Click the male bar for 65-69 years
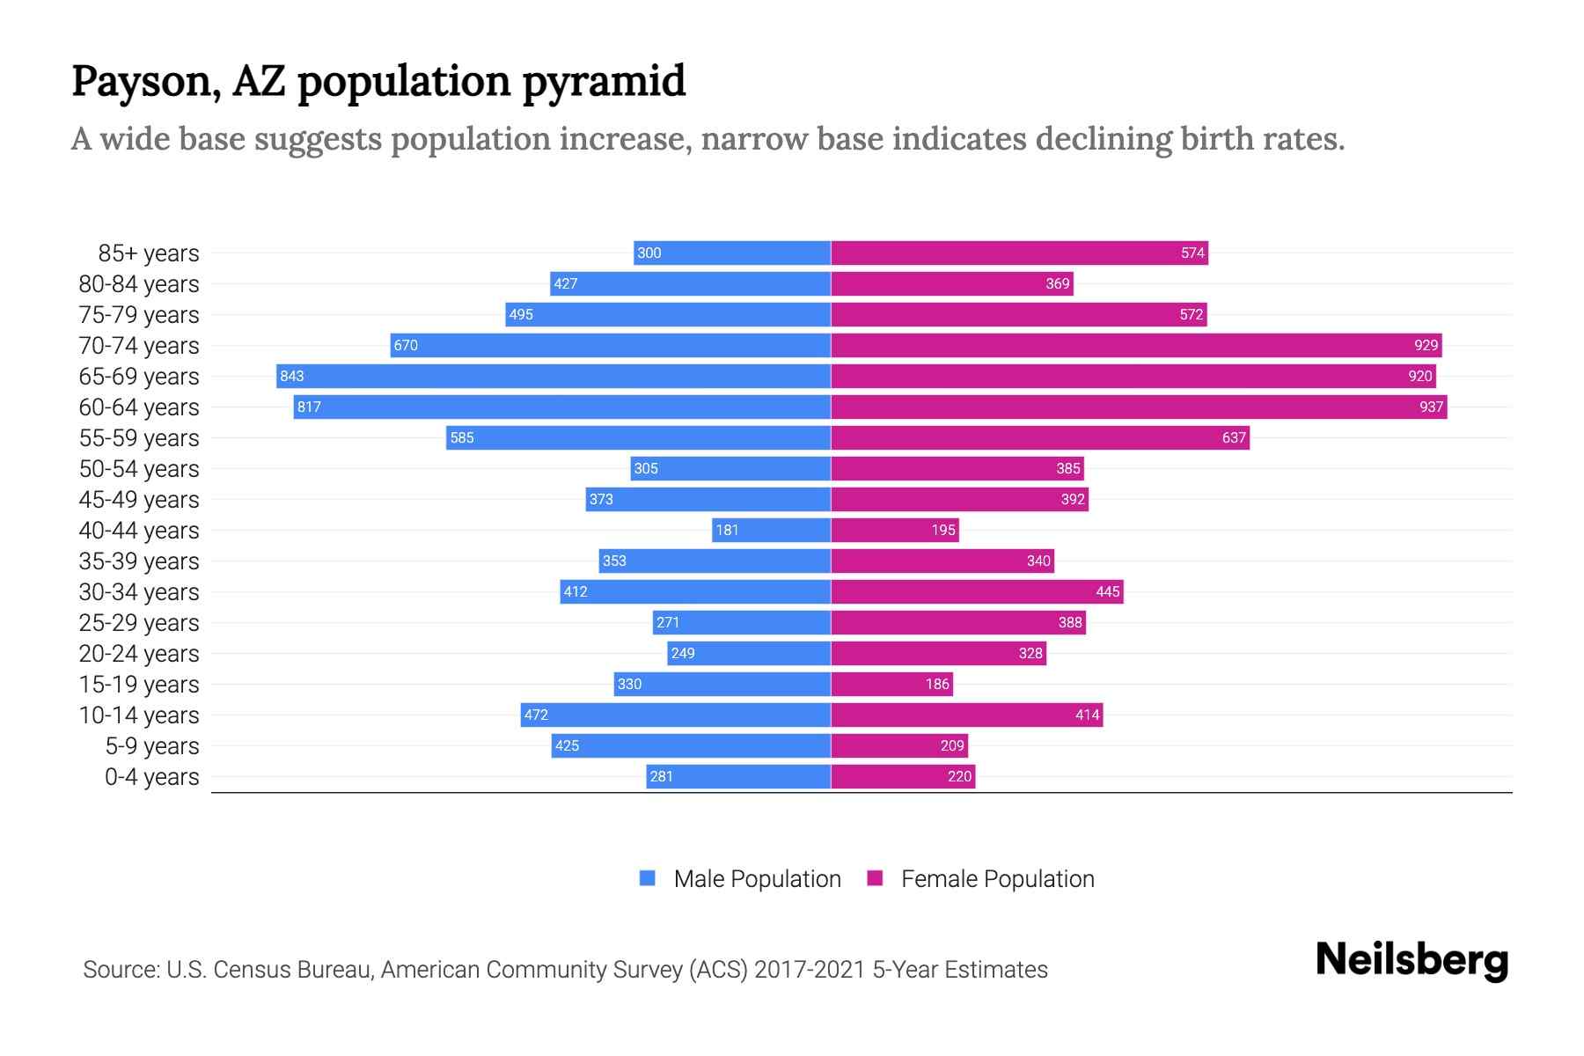553,376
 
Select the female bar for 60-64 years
1139,407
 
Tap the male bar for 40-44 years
771,530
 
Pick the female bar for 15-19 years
891,684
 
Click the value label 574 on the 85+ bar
1192,253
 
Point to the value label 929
1426,345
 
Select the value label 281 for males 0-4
661,776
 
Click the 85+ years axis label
149,253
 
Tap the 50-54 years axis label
139,469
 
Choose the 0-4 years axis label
151,777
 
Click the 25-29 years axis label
139,623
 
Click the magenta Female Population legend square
875,878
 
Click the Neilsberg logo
1412,960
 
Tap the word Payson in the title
146,82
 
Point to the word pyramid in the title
604,82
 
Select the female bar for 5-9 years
899,745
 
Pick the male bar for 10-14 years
675,715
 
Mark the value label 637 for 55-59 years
1234,437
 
